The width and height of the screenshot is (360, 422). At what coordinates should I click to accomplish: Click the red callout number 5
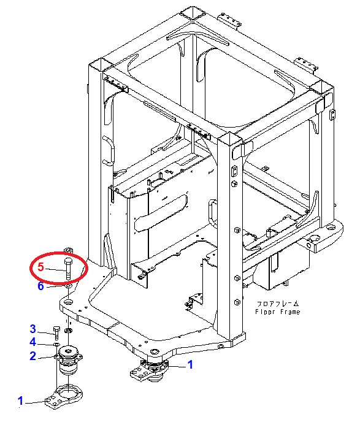40,267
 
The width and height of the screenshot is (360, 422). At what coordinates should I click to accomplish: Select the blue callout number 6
40,286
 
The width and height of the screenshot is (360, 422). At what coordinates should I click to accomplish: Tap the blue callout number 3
33,329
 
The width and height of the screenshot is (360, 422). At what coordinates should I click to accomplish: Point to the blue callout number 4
33,342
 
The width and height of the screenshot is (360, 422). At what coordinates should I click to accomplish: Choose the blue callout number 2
33,356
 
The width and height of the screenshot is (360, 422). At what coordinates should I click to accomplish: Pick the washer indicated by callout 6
68,286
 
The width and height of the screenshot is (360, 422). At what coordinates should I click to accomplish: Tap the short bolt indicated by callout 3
56,333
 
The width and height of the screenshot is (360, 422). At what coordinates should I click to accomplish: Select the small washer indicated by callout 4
57,344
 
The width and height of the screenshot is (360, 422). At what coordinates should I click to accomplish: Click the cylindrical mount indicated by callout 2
69,360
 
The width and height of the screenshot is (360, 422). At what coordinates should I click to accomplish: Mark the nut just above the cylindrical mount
68,331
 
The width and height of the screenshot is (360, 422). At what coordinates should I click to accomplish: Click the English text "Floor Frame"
277,312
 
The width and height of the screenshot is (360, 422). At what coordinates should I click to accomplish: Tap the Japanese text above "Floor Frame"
277,304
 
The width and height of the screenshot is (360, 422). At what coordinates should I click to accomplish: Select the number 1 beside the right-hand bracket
190,365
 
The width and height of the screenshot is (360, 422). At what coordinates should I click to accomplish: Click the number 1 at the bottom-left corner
20,401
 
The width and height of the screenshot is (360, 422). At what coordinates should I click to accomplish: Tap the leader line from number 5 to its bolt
55,269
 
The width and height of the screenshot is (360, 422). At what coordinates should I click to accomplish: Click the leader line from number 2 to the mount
47,358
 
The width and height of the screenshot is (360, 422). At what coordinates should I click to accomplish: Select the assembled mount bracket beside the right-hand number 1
148,370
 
